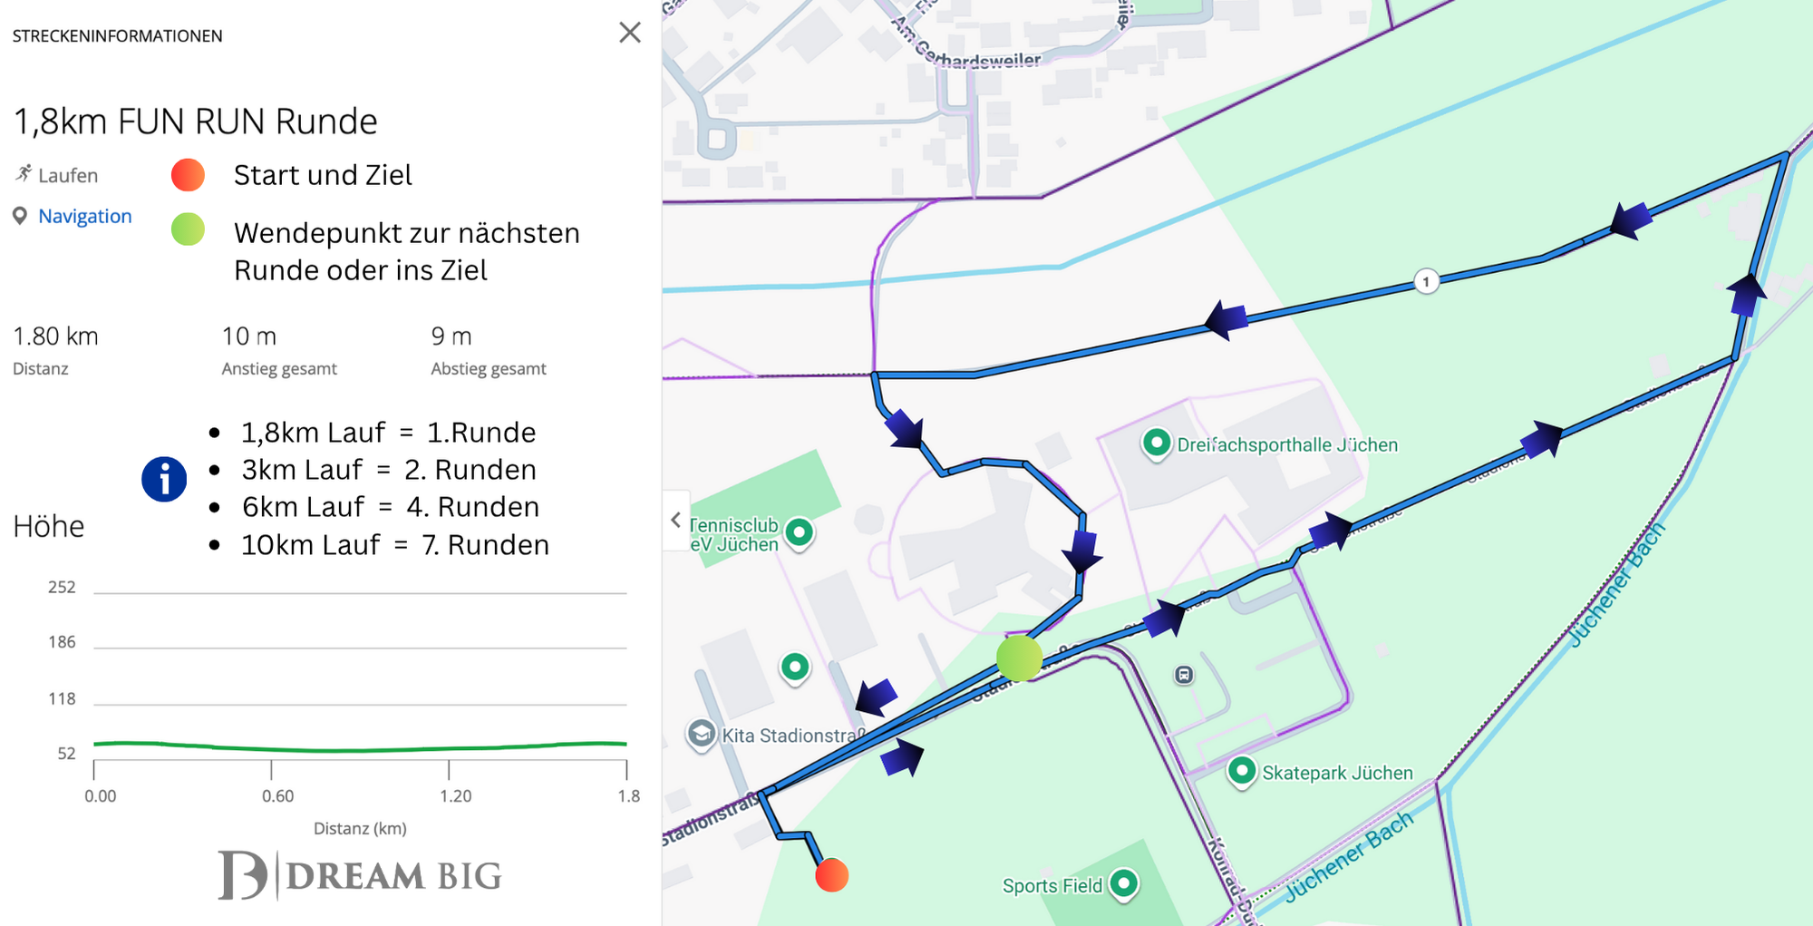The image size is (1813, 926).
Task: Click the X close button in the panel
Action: pyautogui.click(x=630, y=33)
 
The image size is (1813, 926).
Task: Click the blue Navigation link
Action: pyautogui.click(x=85, y=216)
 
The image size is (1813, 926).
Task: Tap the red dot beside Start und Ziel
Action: pyautogui.click(x=188, y=174)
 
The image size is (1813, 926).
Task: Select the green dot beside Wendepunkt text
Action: pyautogui.click(x=188, y=229)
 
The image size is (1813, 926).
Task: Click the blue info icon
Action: pyautogui.click(x=164, y=479)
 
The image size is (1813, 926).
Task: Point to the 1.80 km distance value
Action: pyautogui.click(x=55, y=336)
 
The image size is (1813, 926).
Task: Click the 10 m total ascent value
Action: pyautogui.click(x=249, y=336)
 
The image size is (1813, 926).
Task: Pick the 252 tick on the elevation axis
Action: pyautogui.click(x=62, y=587)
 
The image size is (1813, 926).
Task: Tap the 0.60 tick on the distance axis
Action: pyautogui.click(x=277, y=795)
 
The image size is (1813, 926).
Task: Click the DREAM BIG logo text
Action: pyautogui.click(x=393, y=876)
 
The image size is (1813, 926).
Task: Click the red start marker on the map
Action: pyautogui.click(x=831, y=875)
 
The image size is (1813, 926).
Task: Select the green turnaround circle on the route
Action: pyautogui.click(x=1019, y=658)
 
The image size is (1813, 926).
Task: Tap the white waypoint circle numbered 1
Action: pyautogui.click(x=1426, y=281)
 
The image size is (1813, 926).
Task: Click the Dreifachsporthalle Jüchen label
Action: pyautogui.click(x=1286, y=444)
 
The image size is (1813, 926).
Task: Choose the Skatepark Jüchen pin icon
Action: pyautogui.click(x=1241, y=771)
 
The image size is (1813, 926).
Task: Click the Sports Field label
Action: pyautogui.click(x=1052, y=885)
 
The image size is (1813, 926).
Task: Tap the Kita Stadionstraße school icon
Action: pyautogui.click(x=702, y=733)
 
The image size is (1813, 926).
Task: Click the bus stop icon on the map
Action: pyautogui.click(x=1184, y=675)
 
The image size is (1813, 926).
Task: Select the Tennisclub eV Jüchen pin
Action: pyautogui.click(x=799, y=531)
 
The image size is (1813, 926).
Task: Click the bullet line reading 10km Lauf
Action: pyautogui.click(x=394, y=544)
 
